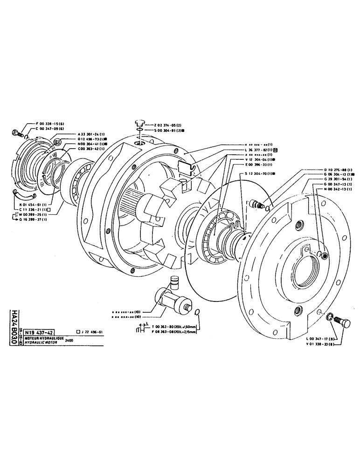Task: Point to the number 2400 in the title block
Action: point(69,341)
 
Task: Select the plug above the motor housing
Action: point(139,124)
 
